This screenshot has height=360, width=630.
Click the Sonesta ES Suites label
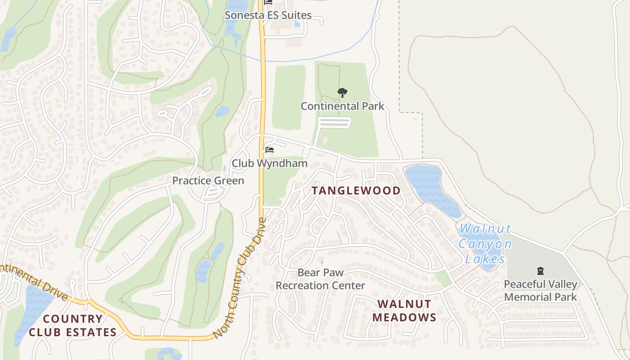[x=268, y=15]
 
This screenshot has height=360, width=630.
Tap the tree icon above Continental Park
[x=342, y=93]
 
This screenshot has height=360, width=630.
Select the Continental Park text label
[x=342, y=106]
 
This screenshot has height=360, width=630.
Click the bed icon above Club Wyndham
[x=269, y=149]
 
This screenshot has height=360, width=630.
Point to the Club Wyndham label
[x=269, y=163]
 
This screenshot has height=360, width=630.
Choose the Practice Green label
[x=208, y=181]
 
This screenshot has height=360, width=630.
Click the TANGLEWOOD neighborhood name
[x=356, y=190]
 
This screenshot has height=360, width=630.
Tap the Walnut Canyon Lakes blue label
[x=485, y=244]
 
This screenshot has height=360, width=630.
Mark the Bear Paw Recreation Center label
[x=320, y=279]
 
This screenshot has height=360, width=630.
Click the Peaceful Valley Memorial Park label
[x=540, y=291]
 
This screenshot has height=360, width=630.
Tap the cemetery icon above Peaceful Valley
[x=540, y=271]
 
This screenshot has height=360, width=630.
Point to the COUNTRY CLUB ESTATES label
[x=72, y=325]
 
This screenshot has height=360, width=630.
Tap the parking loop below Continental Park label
[x=334, y=123]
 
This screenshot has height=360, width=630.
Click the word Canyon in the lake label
[x=485, y=244]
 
